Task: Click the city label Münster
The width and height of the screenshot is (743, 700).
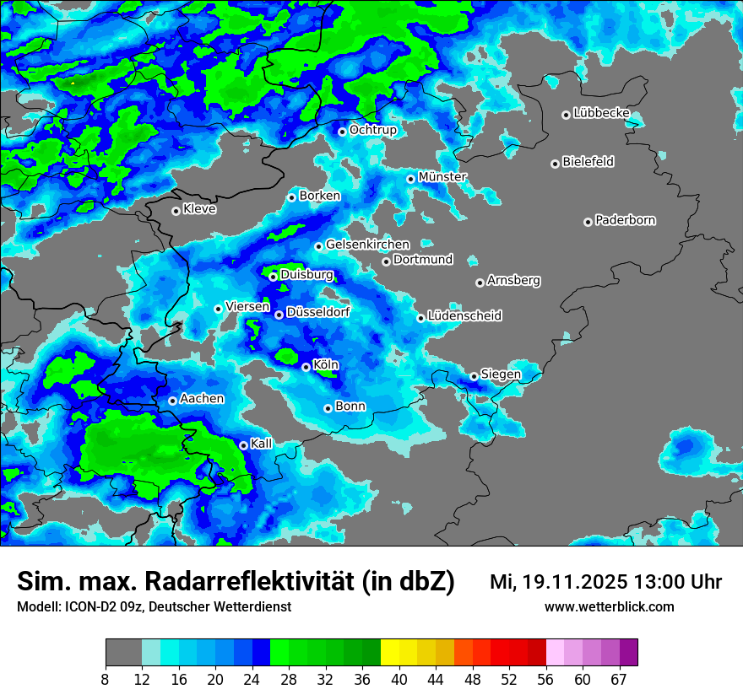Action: [442, 177]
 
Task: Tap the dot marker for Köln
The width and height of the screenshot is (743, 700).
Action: [306, 367]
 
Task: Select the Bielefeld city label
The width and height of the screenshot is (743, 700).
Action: [588, 162]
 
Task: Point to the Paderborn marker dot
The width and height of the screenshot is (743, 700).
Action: [588, 222]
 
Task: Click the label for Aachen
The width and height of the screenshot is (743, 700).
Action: [202, 399]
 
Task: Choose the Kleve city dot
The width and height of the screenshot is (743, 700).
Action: [176, 211]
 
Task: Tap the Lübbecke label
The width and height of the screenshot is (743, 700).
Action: [601, 113]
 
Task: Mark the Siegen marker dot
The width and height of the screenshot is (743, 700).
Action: [474, 376]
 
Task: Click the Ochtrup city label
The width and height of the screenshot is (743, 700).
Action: [372, 130]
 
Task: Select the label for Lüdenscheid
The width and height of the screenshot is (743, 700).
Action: [464, 316]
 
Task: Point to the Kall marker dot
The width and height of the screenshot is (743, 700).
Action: [243, 445]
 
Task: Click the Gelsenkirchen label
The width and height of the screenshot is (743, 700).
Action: [367, 245]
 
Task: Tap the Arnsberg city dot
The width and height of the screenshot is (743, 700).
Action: [480, 283]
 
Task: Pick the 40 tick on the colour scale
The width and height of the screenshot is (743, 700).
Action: [399, 680]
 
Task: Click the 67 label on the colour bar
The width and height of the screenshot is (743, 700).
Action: [619, 680]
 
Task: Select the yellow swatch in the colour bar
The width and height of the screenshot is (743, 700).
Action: [389, 652]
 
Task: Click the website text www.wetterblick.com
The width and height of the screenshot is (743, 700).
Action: [609, 606]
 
